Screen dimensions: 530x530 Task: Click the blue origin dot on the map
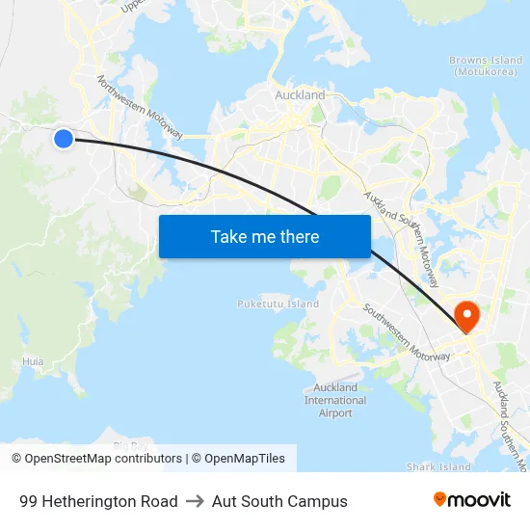coord(64,139)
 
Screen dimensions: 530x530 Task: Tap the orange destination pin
coord(467,315)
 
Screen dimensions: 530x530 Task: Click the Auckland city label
coord(300,95)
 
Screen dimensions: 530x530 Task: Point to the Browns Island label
coord(486,61)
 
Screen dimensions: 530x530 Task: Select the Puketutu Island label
coord(278,304)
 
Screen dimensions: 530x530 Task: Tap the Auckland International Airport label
coord(334,400)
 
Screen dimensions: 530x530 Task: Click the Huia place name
coord(33,362)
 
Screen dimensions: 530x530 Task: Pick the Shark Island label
coord(438,467)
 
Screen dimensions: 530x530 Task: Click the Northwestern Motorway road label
coord(140,111)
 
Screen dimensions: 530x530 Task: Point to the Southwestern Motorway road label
coord(406,332)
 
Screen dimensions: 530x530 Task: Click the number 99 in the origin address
coord(28,501)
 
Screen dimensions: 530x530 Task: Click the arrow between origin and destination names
coord(195,501)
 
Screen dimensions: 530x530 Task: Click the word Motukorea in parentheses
coord(488,72)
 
